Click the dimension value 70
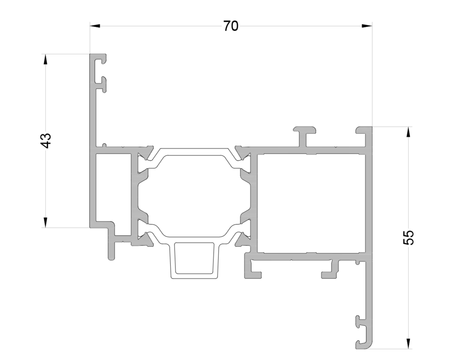pos(231,26)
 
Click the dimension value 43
pos(46,141)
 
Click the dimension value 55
pos(409,238)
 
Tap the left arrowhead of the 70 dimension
pos(95,26)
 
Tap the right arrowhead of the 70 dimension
pos(367,26)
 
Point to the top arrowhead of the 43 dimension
pos(45,60)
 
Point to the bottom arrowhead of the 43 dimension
pos(45,222)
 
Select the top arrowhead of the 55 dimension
pos(408,132)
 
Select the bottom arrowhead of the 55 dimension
pos(408,344)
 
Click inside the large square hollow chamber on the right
pos(311,203)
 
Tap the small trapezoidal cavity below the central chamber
pos(194,258)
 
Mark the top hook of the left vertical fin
pos(101,58)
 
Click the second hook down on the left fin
pos(102,84)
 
